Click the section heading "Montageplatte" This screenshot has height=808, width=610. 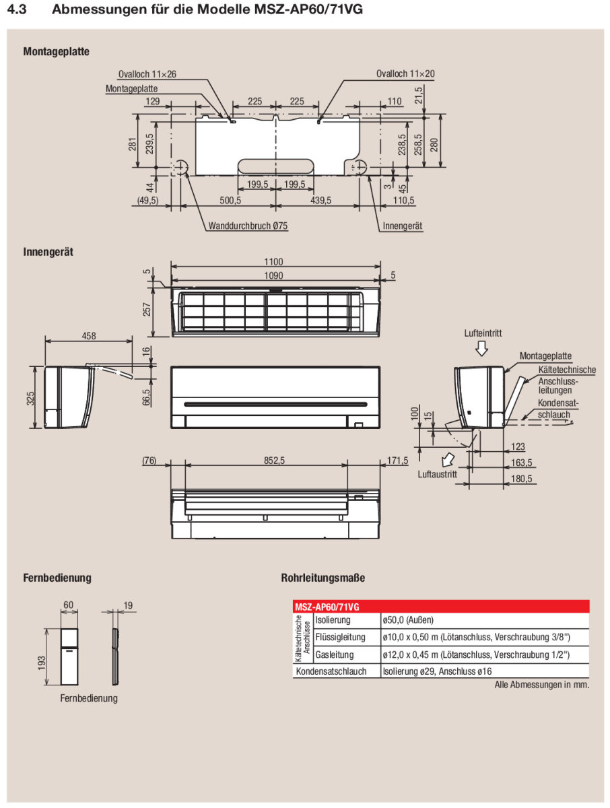[x=56, y=51]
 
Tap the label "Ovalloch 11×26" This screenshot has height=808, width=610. [x=147, y=74]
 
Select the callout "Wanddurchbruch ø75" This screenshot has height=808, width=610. [x=248, y=226]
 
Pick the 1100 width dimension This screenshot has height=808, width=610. [x=273, y=262]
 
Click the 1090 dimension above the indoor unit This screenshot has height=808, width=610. [x=273, y=275]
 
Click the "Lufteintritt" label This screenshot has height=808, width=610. [x=483, y=333]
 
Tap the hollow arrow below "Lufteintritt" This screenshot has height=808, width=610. [x=481, y=348]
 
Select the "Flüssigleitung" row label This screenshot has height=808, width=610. [x=340, y=637]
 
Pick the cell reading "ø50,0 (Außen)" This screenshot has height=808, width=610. [x=408, y=619]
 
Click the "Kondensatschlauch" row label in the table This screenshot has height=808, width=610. [x=331, y=671]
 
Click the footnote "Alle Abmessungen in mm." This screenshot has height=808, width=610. [x=541, y=685]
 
